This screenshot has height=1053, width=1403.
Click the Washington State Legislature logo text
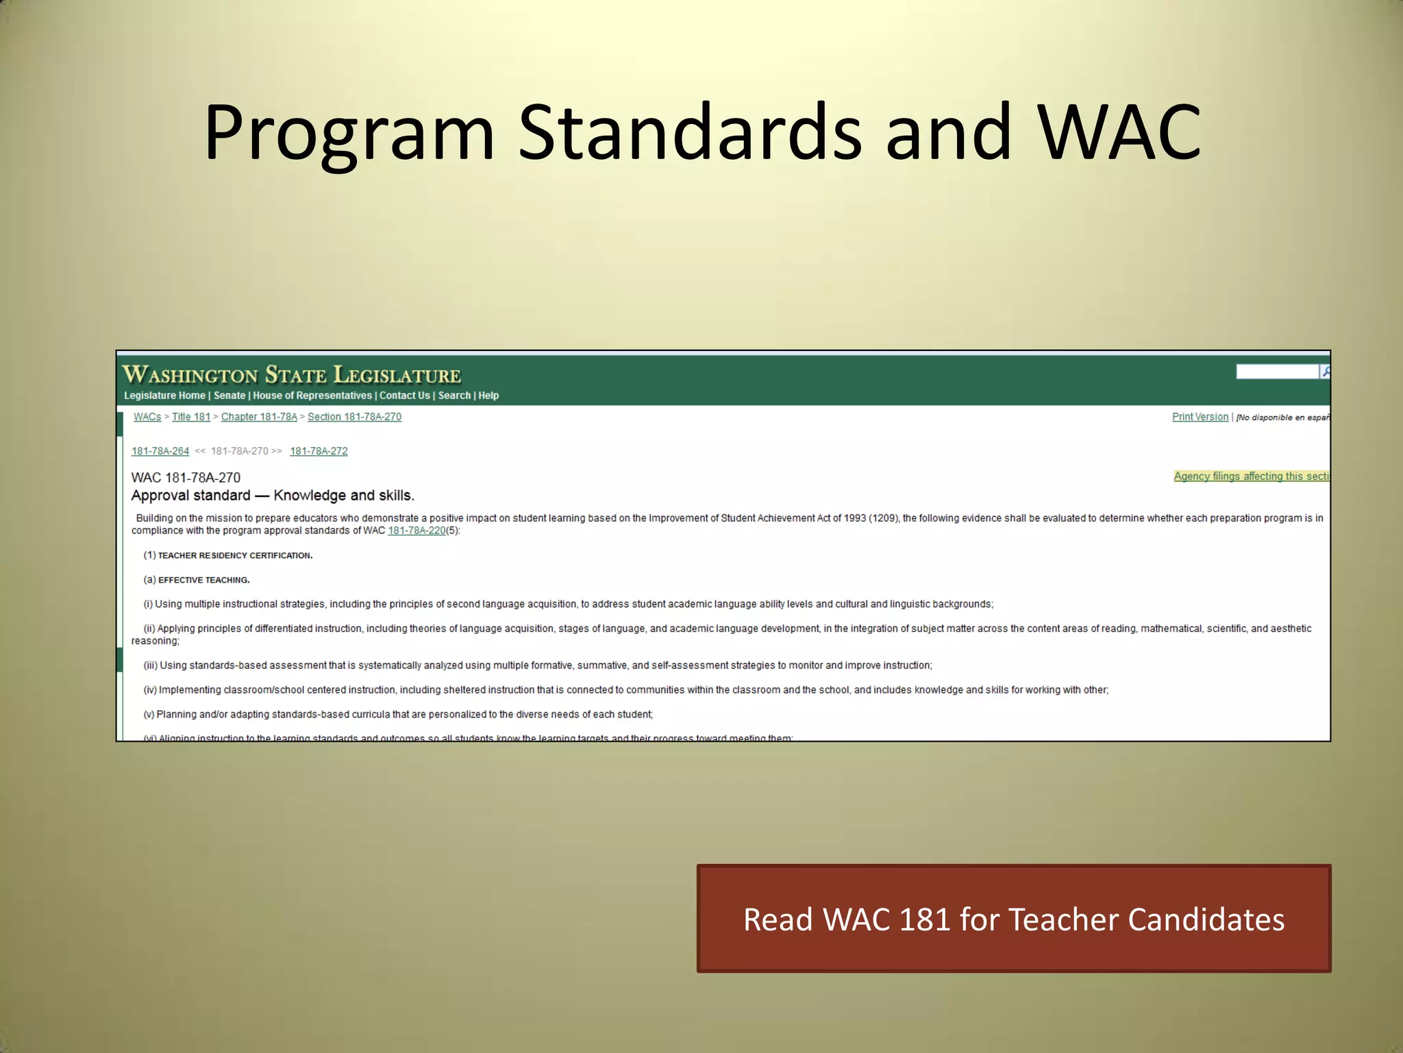point(291,375)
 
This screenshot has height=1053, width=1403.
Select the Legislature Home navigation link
point(164,396)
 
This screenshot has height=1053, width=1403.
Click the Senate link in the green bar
point(229,396)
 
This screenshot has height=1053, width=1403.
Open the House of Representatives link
point(312,396)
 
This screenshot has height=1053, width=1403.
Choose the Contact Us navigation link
point(404,396)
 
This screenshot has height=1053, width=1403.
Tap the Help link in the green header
point(488,396)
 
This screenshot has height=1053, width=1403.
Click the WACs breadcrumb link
point(147,417)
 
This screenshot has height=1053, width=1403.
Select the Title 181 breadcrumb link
point(191,417)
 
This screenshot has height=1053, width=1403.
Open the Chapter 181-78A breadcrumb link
point(259,417)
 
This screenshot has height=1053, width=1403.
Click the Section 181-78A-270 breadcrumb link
point(354,417)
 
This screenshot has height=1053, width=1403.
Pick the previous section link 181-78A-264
point(160,451)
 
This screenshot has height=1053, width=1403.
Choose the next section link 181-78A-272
point(319,451)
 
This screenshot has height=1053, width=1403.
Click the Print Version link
point(1200,417)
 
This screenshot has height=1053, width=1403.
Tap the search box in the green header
point(1277,372)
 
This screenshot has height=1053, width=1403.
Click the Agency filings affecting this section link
point(1251,476)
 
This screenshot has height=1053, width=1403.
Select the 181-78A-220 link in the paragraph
point(417,531)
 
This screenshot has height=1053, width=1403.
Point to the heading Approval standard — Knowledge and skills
point(273,496)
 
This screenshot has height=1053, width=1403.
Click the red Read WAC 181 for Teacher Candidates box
point(1014,919)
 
